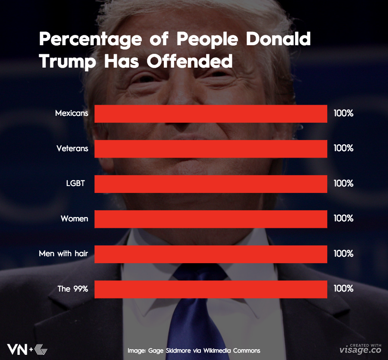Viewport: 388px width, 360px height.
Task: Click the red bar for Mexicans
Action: coord(211,114)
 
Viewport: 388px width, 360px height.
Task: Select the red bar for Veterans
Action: coord(211,149)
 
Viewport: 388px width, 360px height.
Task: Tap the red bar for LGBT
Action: coord(211,183)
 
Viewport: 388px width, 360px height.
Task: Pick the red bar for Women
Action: coord(211,219)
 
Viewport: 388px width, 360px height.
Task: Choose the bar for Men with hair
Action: coord(211,254)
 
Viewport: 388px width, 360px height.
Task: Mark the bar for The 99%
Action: coord(211,289)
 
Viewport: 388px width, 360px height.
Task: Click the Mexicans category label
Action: coord(72,114)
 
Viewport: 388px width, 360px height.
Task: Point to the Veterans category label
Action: coord(72,149)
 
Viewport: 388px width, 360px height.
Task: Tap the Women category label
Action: coord(74,219)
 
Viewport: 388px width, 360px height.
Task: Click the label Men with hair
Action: coord(63,254)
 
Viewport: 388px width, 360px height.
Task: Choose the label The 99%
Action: coord(73,289)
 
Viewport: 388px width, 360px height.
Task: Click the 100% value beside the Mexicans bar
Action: coord(343,114)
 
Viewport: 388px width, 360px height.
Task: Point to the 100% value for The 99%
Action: coord(343,289)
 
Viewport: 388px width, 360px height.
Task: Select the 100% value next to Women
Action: coord(343,219)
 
